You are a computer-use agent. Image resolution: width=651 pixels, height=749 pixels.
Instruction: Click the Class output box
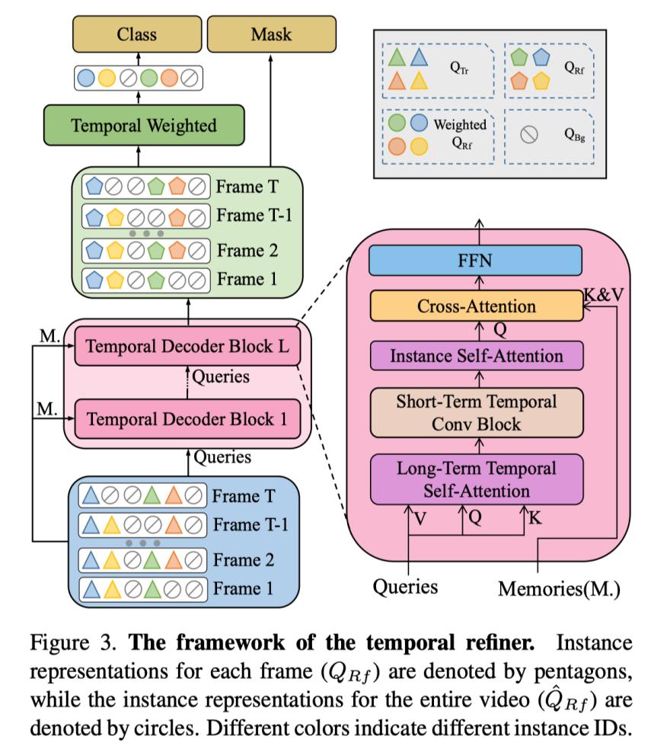138,34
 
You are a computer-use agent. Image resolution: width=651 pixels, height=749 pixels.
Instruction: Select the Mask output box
270,34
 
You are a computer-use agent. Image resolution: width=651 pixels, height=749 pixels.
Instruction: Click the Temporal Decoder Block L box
188,346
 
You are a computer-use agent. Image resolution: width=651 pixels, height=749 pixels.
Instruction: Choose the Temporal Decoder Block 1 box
188,418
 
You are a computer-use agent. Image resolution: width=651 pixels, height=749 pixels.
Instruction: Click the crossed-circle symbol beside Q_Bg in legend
530,135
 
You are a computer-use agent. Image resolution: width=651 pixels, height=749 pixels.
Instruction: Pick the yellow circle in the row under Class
107,77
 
